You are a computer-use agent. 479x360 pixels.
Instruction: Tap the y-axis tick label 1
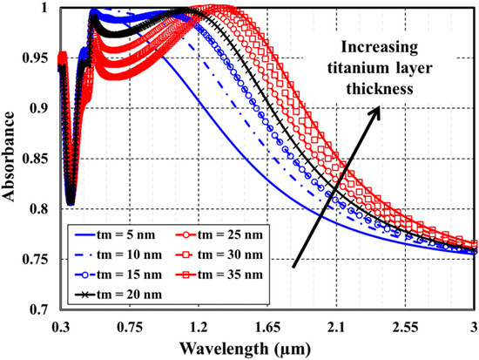[45, 10]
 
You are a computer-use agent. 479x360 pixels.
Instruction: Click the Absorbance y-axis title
[11, 160]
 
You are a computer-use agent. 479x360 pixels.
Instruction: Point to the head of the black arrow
[380, 106]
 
